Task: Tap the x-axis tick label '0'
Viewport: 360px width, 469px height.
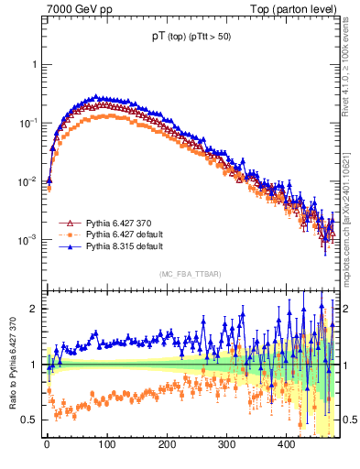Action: (47, 444)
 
